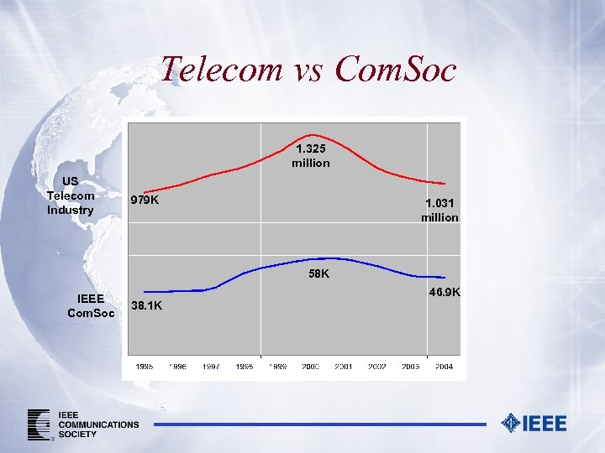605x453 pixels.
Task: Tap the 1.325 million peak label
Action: coord(311,156)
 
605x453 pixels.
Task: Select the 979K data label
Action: coord(145,200)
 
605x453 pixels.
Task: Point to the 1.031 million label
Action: coord(440,210)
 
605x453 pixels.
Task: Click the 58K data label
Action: coord(318,273)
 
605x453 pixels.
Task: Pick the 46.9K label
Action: coord(445,292)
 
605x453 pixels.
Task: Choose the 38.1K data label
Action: coord(147,306)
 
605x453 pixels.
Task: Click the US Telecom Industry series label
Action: coord(71,195)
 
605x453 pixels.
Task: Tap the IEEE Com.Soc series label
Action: coord(91,305)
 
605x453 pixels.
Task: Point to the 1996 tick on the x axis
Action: coord(177,367)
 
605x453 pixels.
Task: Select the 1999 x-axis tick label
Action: coord(277,367)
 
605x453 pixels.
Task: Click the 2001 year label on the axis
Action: coord(344,367)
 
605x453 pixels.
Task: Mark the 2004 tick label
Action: coord(444,367)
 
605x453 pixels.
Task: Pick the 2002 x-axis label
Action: coord(377,367)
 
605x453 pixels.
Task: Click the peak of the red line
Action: coord(313,134)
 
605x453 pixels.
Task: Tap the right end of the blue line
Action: coord(445,278)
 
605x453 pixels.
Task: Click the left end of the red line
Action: coord(140,192)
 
